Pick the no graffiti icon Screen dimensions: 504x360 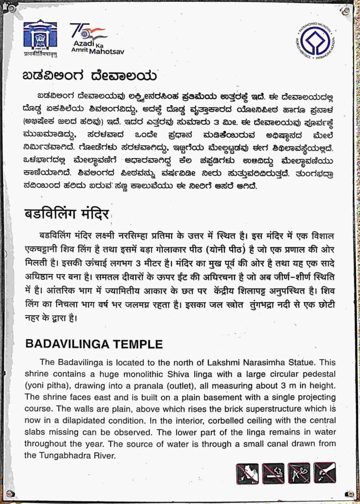pyautogui.click(x=299, y=473)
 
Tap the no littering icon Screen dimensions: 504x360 pyautogui.click(x=325, y=473)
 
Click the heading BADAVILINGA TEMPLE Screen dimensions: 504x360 pyautogui.click(x=93, y=344)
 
